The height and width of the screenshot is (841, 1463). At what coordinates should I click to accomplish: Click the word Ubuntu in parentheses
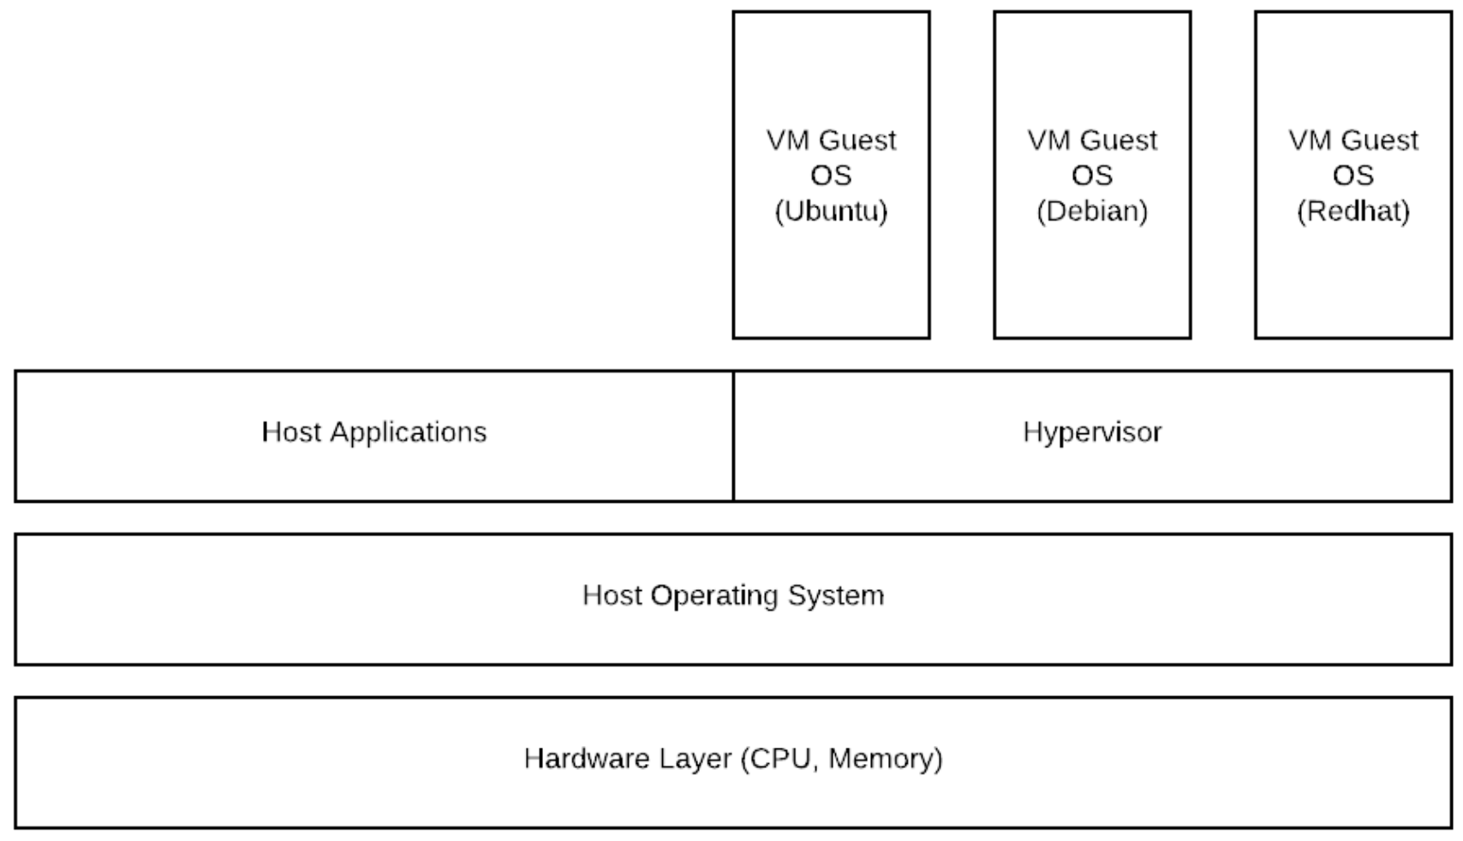point(831,212)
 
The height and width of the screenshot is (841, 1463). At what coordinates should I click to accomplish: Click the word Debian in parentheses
point(1092,212)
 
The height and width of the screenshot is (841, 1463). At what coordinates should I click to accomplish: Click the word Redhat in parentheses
point(1353,212)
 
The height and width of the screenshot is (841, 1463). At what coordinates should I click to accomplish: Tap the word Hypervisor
point(1092,432)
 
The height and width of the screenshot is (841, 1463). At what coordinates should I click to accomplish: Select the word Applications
point(408,432)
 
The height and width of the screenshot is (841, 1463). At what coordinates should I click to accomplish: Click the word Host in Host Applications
point(290,432)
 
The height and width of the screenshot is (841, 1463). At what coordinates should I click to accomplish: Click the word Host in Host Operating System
point(612,595)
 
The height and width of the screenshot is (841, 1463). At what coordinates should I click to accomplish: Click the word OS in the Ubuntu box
point(831,176)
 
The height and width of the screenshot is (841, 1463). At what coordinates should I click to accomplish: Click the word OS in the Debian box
point(1092,176)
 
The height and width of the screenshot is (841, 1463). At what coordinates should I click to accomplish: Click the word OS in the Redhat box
point(1353,176)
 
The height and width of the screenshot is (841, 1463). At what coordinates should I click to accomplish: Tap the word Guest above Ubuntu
point(857,140)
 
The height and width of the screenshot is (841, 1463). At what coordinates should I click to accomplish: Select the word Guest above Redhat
point(1380,140)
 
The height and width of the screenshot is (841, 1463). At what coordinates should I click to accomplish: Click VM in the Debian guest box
point(1046,140)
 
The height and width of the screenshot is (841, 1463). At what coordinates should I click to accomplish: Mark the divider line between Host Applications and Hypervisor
point(733,436)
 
